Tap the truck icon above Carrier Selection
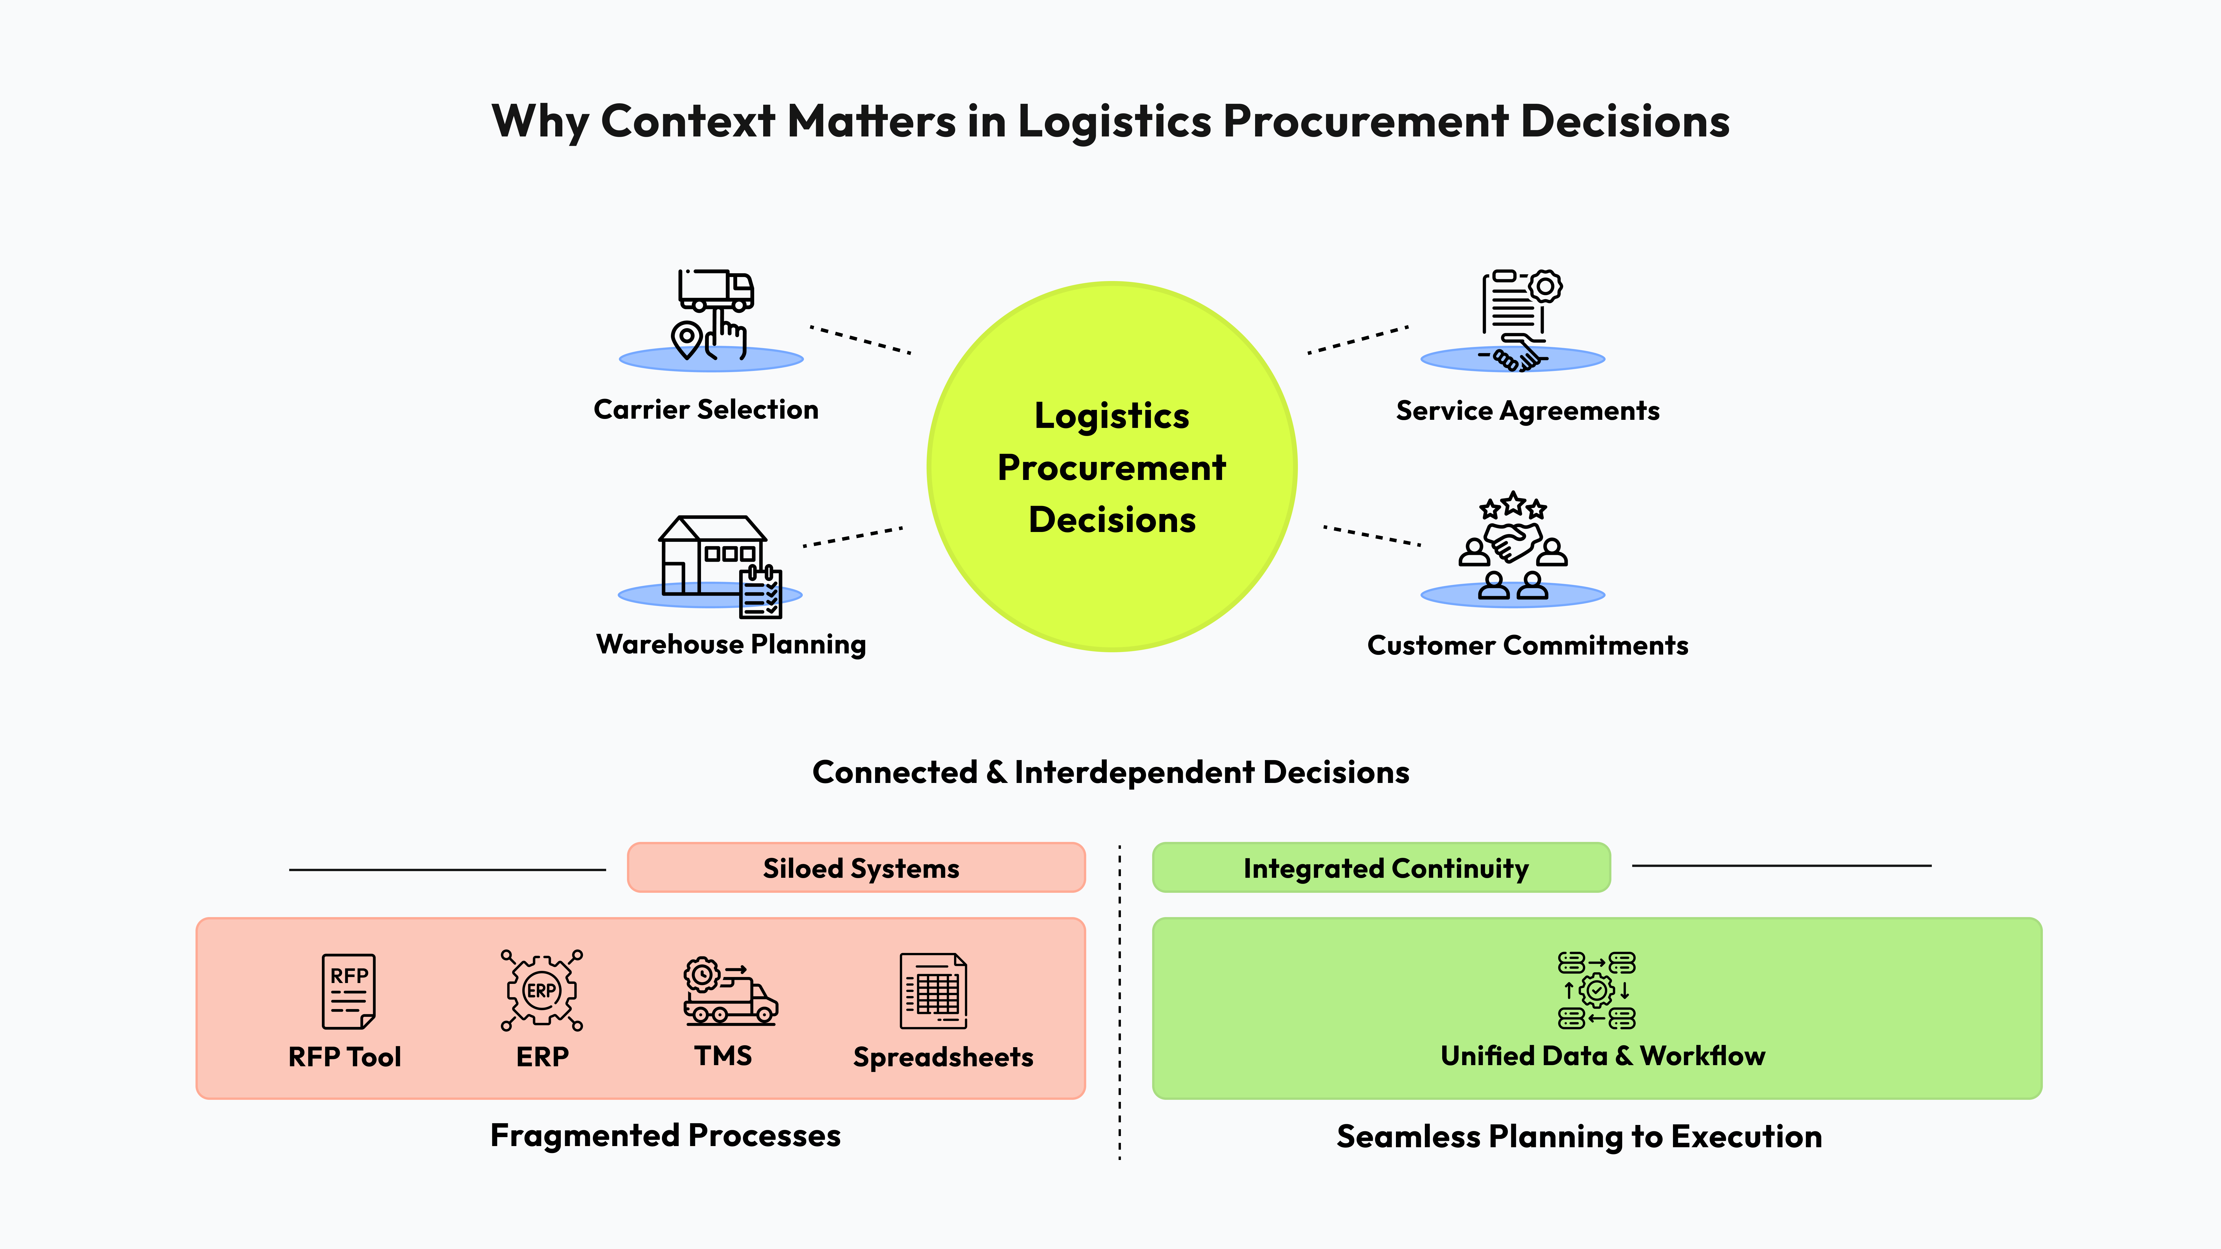click(716, 291)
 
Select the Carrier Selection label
click(705, 409)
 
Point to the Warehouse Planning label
click(730, 645)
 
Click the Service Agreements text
click(1527, 411)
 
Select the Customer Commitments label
click(1527, 646)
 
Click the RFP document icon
click(348, 991)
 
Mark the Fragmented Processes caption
click(665, 1136)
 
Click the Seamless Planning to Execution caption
click(1579, 1137)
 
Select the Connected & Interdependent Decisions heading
click(1110, 772)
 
